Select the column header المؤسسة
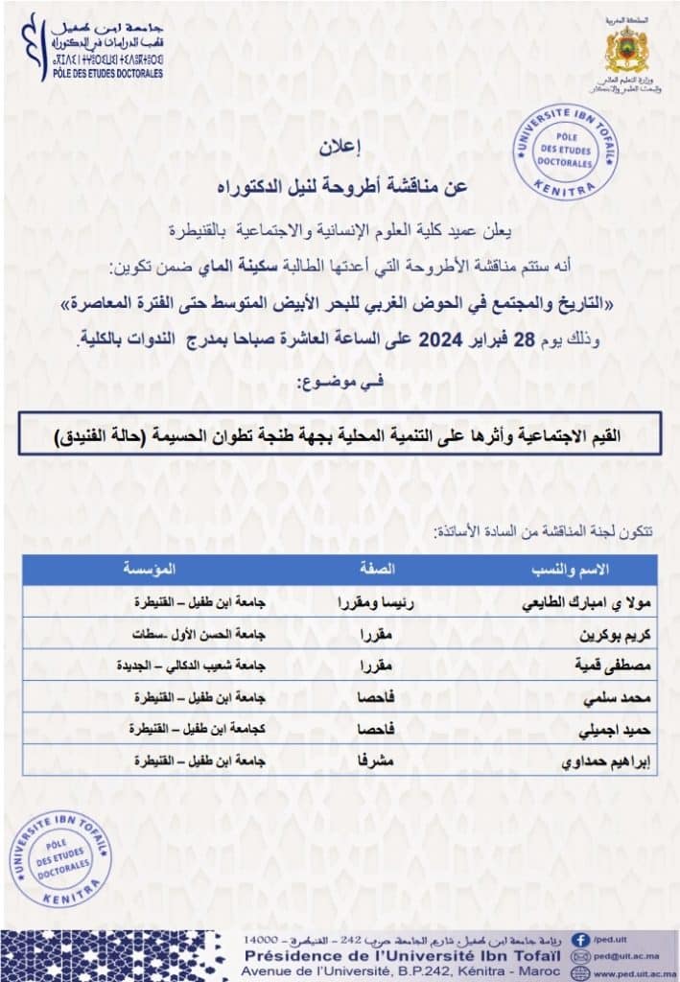pos(151,568)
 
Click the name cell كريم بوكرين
pos(577,634)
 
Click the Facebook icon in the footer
pos(579,940)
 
